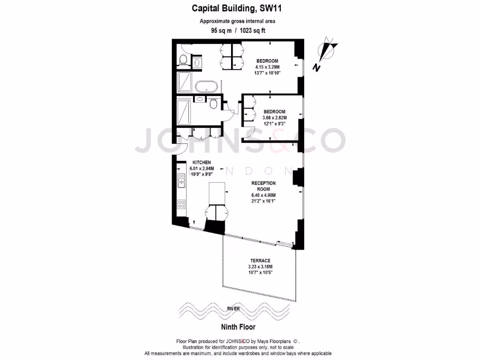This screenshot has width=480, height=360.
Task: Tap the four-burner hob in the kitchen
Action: [180, 204]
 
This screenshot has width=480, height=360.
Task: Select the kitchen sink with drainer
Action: [180, 180]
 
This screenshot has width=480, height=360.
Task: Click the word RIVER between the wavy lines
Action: [233, 308]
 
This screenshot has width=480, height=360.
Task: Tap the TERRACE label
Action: [260, 261]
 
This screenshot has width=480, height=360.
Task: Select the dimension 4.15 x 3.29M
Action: [267, 67]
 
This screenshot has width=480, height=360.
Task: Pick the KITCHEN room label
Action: [202, 162]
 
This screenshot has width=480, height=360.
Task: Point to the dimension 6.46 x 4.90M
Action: [263, 195]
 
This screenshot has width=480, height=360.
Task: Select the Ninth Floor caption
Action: [238, 327]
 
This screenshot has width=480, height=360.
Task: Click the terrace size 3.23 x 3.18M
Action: [260, 267]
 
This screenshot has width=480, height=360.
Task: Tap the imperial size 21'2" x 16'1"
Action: [263, 201]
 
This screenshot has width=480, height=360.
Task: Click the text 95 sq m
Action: [221, 31]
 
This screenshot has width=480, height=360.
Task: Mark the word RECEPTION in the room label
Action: [263, 183]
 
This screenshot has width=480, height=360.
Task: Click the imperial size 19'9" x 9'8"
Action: [202, 174]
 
